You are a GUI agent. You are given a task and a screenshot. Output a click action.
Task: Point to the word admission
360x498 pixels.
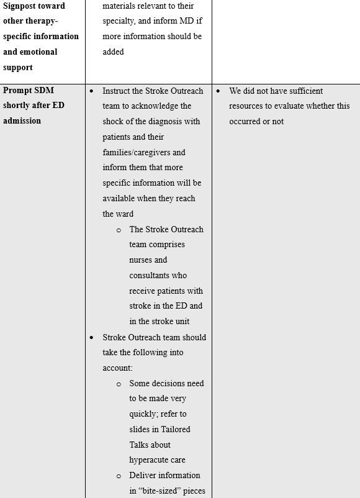coord(22,121)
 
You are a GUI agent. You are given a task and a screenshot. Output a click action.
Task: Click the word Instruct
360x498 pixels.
coord(118,91)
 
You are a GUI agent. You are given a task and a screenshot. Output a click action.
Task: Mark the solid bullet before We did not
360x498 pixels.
coord(218,91)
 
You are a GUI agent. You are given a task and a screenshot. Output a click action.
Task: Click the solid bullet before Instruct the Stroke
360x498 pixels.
coord(92,91)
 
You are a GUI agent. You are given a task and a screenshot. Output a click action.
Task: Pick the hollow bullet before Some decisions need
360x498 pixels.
coord(119,384)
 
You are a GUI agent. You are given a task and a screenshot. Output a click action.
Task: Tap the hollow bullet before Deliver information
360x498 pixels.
coord(119,476)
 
